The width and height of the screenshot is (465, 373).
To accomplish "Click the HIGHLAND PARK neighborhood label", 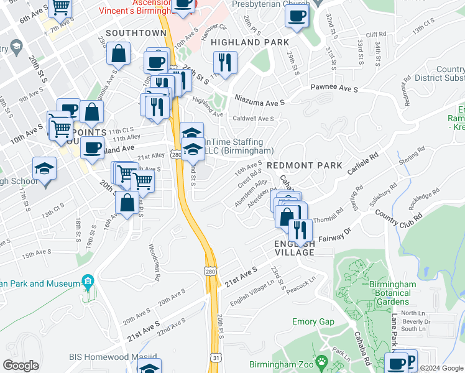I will point(249,42).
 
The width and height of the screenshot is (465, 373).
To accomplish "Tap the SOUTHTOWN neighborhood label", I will point(136,32).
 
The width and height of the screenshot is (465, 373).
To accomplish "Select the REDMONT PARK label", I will point(305,165).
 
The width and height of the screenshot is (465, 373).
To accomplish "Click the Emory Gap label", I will point(313,321).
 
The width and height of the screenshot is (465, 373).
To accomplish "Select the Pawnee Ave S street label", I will point(334,90).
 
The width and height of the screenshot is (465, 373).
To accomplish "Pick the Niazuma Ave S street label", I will point(259,99).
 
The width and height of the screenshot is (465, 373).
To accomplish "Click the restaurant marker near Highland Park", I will point(224,62).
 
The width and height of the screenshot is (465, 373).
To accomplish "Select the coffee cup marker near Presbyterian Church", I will point(297,16).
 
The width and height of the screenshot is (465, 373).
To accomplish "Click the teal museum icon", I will point(87,283).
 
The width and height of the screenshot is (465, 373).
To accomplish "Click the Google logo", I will point(21,366).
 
